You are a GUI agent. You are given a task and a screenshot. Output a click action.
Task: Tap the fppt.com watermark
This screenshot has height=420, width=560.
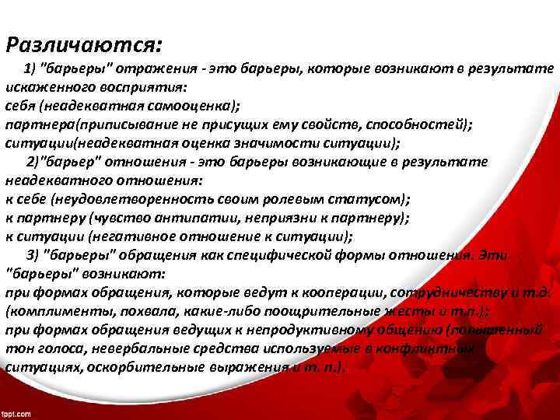point(16,413)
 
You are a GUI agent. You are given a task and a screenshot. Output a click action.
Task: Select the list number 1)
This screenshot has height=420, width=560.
point(35,68)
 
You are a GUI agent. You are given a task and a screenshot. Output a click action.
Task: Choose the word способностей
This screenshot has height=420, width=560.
point(418,124)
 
